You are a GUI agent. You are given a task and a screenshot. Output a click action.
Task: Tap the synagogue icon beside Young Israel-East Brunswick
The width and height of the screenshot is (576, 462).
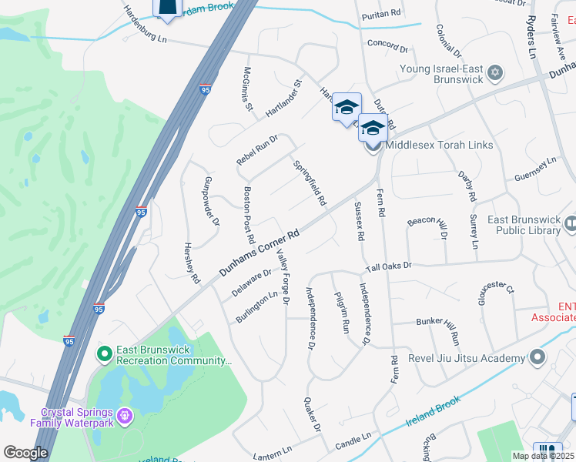tap(495, 73)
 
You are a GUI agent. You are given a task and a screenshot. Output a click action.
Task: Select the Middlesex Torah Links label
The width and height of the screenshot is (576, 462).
tap(439, 145)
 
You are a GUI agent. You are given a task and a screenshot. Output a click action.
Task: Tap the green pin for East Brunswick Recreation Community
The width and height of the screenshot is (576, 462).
tap(104, 354)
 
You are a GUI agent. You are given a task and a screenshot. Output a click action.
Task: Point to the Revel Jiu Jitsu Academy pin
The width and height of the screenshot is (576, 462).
tap(537, 357)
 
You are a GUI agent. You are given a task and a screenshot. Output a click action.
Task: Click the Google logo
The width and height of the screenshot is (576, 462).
tap(25, 453)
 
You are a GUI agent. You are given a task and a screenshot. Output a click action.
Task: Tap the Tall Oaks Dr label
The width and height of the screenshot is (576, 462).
tap(389, 266)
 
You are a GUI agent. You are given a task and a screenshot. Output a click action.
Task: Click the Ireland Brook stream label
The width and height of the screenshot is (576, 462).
tap(433, 413)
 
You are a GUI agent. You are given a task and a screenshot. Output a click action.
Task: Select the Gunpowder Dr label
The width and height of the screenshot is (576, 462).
tap(211, 204)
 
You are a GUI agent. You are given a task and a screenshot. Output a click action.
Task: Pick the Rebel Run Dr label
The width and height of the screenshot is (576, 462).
tap(256, 149)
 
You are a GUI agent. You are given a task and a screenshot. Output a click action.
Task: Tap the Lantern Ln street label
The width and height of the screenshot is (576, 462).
tap(278, 456)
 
